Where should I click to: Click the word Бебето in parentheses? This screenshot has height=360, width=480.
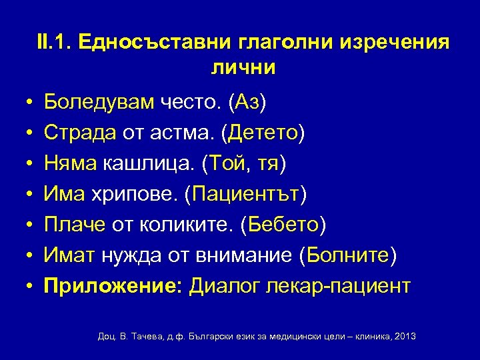(285, 225)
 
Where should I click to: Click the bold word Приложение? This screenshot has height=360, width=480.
(111, 286)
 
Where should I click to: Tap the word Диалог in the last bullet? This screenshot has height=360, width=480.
(223, 286)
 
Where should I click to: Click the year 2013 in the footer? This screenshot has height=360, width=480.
(404, 337)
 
